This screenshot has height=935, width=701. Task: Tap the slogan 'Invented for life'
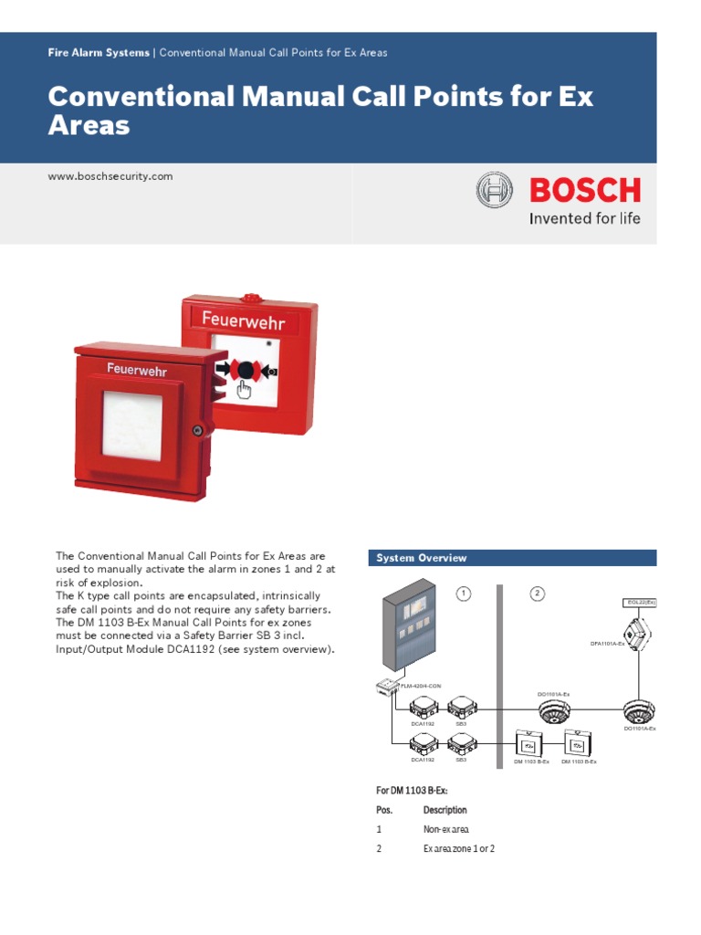coord(585,218)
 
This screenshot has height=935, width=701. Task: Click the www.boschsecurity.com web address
coord(110,176)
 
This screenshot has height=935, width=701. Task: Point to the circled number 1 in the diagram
coord(464,594)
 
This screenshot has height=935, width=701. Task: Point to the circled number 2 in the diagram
coord(538,594)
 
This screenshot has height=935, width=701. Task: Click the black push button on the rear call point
coord(245,370)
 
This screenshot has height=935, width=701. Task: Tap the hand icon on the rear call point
coord(244,390)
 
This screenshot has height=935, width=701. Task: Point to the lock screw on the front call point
coord(197,430)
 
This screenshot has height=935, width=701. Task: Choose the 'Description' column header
coord(445,810)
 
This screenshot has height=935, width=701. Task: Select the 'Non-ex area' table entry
coord(445,830)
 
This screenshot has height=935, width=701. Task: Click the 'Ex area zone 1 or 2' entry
coord(458,850)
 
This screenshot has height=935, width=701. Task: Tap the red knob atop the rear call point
coord(249,297)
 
